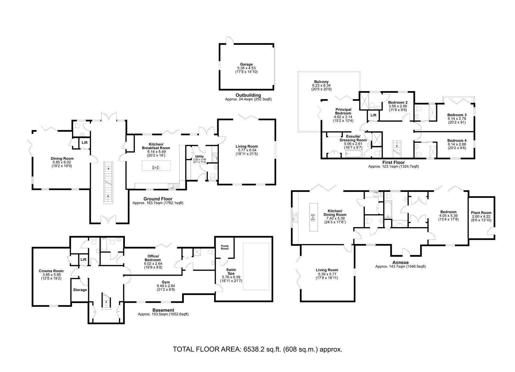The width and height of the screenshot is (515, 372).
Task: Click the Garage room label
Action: (x=246, y=64)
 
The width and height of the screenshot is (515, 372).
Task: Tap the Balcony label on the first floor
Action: (x=322, y=82)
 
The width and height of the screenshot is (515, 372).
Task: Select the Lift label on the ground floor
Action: (x=85, y=142)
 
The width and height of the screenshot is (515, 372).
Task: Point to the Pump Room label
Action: (x=225, y=247)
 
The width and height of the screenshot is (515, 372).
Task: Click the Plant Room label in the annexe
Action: (x=481, y=213)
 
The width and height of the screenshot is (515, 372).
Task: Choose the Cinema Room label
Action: (x=51, y=271)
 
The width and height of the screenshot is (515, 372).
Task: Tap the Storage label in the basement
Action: (x=80, y=290)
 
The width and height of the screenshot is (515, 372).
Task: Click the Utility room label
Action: (x=199, y=157)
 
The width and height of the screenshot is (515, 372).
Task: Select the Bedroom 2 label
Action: (x=398, y=102)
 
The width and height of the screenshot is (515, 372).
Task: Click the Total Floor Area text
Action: (x=257, y=349)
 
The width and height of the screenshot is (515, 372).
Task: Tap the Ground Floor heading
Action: (x=158, y=199)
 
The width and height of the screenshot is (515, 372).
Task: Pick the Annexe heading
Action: (x=400, y=262)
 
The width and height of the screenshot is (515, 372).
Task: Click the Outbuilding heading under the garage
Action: (x=248, y=95)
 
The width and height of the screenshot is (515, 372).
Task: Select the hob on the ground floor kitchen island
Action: (x=156, y=168)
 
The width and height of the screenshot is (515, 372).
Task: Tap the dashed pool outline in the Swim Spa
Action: (x=256, y=243)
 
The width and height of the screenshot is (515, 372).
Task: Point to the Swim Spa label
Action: (x=231, y=272)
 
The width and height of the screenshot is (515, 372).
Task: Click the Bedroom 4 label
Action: (x=457, y=140)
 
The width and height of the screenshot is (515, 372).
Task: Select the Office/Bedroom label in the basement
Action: (x=153, y=258)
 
